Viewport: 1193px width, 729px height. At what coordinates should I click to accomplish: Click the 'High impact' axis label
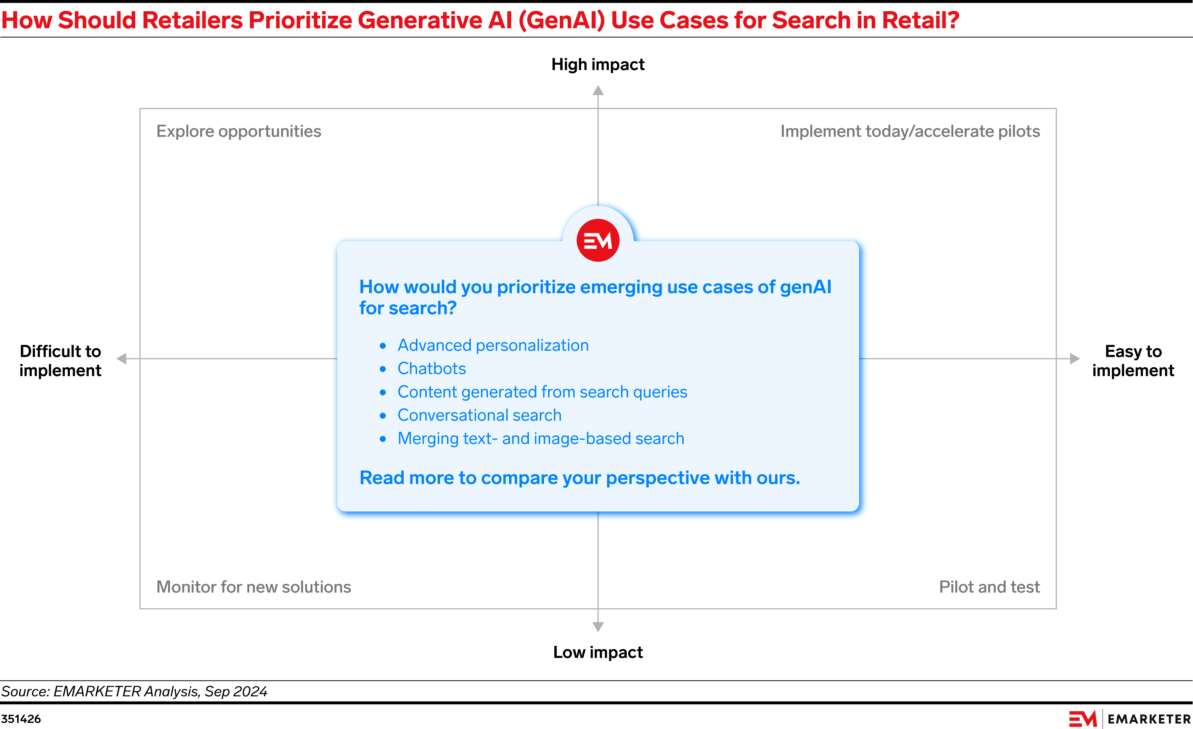point(598,64)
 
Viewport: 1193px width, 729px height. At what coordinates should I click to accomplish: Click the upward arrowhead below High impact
point(598,91)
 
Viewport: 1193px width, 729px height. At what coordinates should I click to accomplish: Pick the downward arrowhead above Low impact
point(598,627)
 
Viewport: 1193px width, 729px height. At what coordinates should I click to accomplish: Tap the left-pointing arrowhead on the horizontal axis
point(122,359)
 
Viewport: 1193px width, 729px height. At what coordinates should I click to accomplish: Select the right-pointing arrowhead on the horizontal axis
point(1075,359)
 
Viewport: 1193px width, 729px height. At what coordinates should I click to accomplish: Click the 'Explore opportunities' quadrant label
point(239,131)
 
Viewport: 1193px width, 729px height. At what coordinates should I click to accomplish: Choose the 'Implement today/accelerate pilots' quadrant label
point(910,131)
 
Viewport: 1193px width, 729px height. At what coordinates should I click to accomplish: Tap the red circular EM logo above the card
point(598,240)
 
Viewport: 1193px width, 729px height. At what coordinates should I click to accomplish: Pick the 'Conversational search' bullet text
point(480,415)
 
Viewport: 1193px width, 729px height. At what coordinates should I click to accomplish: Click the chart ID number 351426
point(21,719)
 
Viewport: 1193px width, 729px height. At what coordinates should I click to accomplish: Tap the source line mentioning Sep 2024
point(134,691)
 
